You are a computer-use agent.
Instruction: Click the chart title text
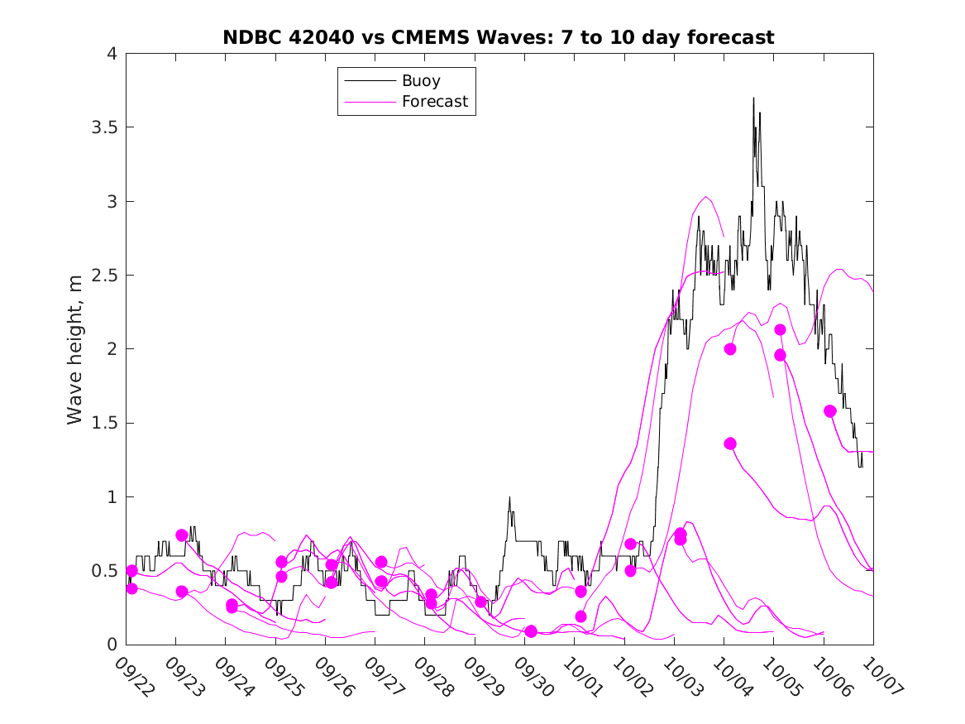(x=499, y=37)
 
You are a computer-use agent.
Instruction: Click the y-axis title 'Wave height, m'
(x=75, y=350)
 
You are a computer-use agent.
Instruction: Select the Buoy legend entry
(x=421, y=81)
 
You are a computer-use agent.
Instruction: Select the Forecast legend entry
(x=434, y=102)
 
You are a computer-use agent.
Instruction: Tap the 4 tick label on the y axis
(x=111, y=55)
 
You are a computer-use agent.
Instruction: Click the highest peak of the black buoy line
(x=753, y=98)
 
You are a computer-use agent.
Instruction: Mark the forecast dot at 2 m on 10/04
(x=730, y=349)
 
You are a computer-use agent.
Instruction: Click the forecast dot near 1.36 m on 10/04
(x=730, y=444)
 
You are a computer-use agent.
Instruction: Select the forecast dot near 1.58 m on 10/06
(x=830, y=411)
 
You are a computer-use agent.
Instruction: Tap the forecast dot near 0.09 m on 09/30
(x=531, y=631)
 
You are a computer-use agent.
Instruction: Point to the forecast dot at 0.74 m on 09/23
(x=182, y=535)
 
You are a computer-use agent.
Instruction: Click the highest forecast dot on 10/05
(x=780, y=330)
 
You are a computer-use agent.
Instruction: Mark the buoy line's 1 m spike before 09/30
(x=509, y=497)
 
